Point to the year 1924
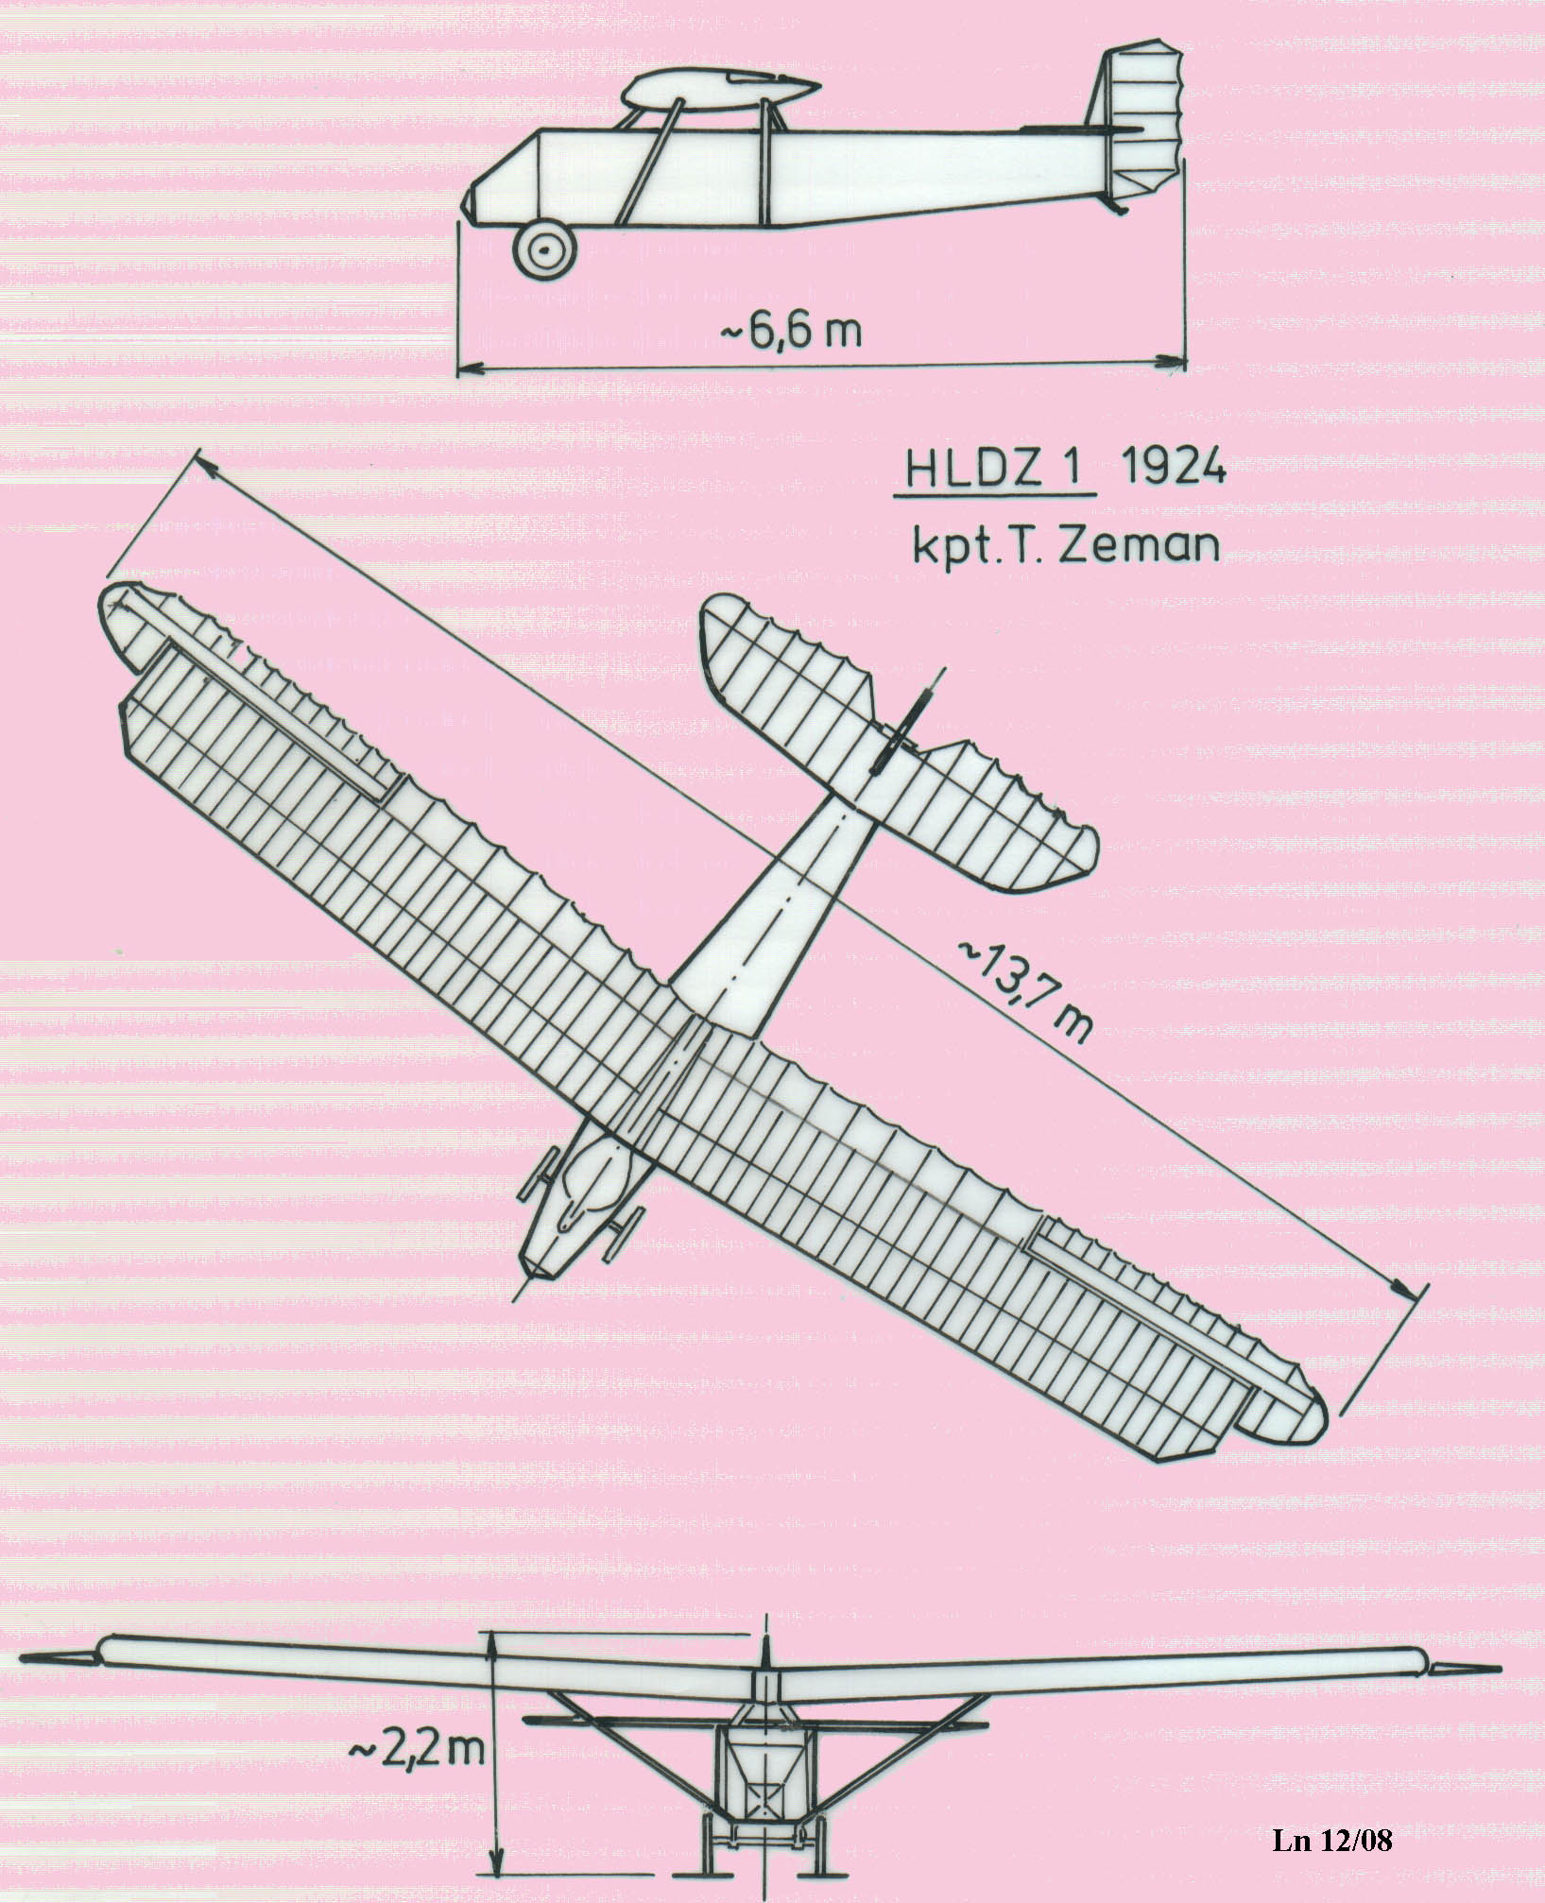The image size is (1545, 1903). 1174,467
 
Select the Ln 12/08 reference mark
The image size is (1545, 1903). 1332,1840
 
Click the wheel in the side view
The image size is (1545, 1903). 543,249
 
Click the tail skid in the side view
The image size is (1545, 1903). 1115,203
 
